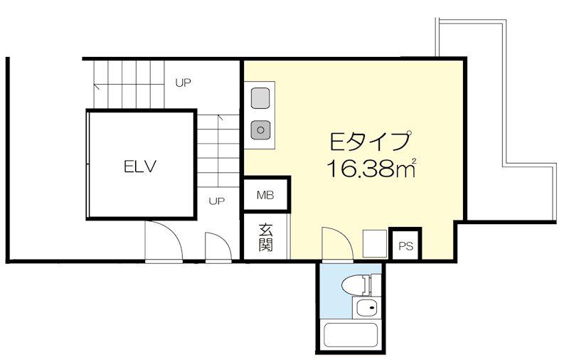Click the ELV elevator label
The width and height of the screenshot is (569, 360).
(139, 166)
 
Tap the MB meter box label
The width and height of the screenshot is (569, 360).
(265, 195)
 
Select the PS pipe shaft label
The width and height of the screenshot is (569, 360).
(405, 246)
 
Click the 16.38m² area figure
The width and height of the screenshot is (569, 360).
(371, 169)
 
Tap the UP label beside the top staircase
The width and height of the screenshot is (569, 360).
(183, 83)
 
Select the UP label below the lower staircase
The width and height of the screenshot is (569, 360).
(217, 201)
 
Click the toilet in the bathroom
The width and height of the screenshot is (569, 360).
(357, 285)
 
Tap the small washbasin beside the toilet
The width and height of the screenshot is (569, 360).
(366, 309)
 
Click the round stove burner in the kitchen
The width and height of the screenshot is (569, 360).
(260, 129)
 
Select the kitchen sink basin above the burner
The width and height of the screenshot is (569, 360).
(260, 98)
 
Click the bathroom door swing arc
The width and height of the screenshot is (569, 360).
(344, 236)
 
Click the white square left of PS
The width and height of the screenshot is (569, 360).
(375, 243)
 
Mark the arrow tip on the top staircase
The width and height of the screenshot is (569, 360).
(95, 85)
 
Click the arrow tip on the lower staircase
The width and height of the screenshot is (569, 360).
(220, 116)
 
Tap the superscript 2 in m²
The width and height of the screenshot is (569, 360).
(415, 160)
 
